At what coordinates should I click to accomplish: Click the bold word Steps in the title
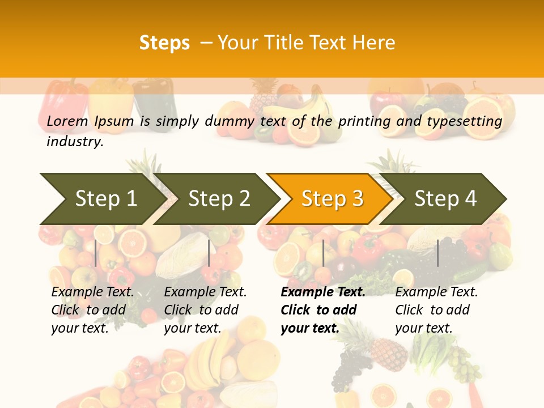(x=164, y=43)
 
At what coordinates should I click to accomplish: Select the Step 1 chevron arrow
(x=102, y=199)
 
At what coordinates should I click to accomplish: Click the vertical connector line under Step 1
(x=96, y=253)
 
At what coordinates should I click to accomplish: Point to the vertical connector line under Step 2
(x=209, y=253)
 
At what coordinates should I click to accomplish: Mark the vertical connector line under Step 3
(x=323, y=253)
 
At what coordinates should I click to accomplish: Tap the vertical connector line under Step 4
(x=437, y=253)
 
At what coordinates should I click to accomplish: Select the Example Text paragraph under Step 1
(x=92, y=310)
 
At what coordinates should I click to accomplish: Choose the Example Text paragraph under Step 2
(x=205, y=310)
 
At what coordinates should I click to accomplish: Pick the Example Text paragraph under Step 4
(x=436, y=310)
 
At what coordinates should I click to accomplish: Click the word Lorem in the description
(x=67, y=121)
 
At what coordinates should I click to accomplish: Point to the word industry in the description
(x=74, y=142)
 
